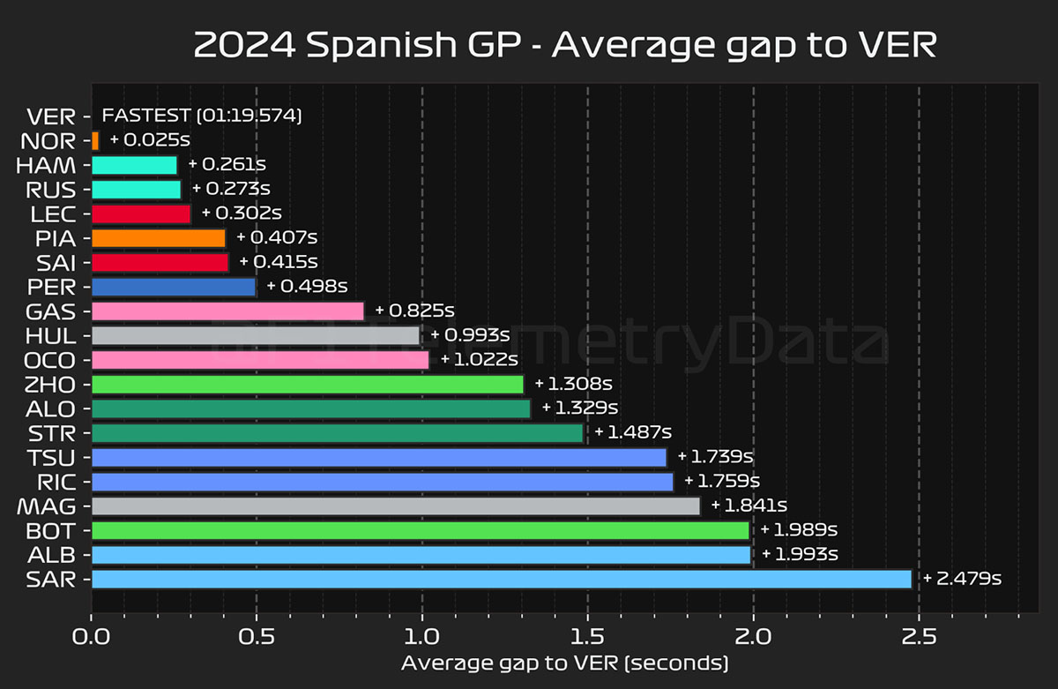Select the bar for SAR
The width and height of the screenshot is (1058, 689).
(x=501, y=579)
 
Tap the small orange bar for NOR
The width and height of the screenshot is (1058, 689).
(x=95, y=140)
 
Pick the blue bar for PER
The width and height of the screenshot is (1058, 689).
(x=174, y=287)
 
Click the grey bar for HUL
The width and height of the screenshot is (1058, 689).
(x=256, y=335)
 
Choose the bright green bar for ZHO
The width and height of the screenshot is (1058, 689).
(x=307, y=384)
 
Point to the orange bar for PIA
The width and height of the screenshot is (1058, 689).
(x=159, y=237)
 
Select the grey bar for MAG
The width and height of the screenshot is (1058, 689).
(x=395, y=506)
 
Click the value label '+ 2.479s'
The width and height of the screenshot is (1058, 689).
(x=962, y=579)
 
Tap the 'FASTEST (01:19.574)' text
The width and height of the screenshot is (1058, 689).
(x=202, y=116)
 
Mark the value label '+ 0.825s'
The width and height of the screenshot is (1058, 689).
(x=414, y=311)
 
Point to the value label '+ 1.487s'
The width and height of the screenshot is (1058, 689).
(x=633, y=432)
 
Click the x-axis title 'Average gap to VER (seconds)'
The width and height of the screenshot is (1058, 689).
(x=565, y=663)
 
